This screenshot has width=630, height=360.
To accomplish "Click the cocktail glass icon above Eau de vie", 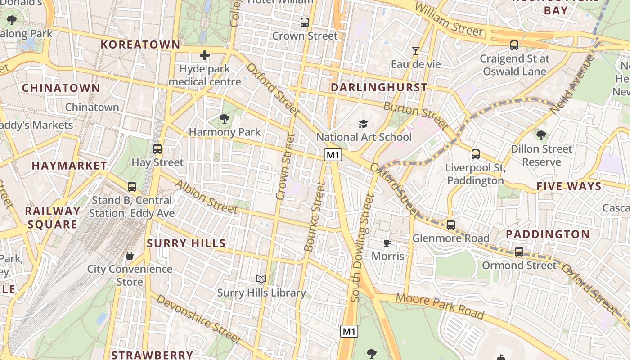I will tap(416, 50).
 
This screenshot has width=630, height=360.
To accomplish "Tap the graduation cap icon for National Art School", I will tap(363, 123).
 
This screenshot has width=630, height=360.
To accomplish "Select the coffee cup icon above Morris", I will tap(387, 243).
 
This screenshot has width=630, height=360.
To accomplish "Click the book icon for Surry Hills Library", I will tap(261, 279).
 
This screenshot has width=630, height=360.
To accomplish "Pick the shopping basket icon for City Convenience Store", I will tap(130, 256).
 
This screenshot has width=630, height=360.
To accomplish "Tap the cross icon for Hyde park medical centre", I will tap(205, 56).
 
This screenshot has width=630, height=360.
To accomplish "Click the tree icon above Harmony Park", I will tap(224, 119).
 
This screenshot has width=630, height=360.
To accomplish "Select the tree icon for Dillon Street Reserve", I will tap(541, 135).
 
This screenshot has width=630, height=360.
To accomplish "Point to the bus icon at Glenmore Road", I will tap(451, 225).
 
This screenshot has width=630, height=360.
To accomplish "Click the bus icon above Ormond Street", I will tap(519, 252).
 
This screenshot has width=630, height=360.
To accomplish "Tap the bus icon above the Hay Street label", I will tap(157, 149).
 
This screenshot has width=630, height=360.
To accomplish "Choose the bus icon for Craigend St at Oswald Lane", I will tap(514, 45).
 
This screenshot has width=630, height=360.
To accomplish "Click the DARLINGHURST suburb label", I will tap(379, 87).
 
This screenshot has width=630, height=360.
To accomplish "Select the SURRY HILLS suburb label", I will tap(186, 243).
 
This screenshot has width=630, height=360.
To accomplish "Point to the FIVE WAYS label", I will tap(569, 186).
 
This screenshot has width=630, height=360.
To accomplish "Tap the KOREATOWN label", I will tap(140, 45).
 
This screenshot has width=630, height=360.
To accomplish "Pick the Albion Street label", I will tap(206, 197).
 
